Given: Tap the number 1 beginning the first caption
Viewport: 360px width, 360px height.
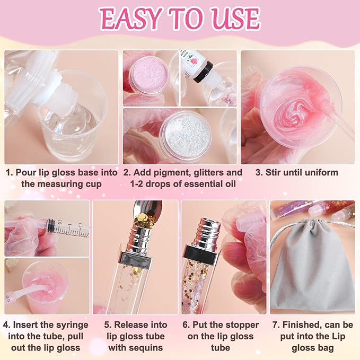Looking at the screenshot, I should tap(8, 173).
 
